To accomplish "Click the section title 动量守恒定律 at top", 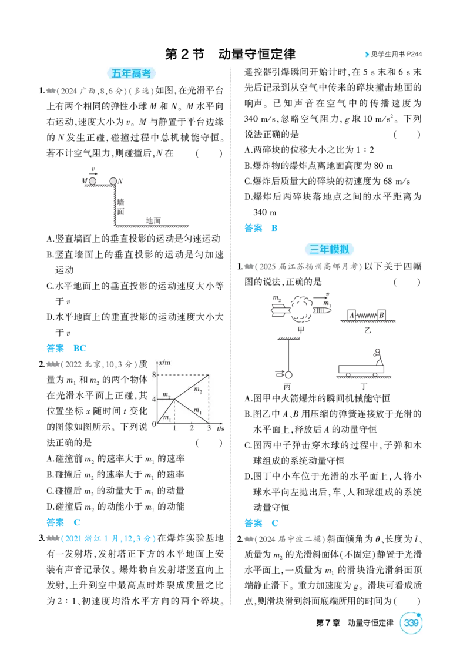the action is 257,54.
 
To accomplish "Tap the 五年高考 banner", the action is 131,73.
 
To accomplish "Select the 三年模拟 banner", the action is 329,249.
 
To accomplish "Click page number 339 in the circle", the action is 411,622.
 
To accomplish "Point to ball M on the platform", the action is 93,181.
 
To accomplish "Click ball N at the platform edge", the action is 113,181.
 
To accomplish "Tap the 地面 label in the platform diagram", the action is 153,220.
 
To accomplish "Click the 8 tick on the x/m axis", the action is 154,374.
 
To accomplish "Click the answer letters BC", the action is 79,348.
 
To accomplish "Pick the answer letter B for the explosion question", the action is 274,228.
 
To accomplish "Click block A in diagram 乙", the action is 352,315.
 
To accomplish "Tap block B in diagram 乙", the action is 381,315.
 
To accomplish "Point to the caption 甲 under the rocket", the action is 300,330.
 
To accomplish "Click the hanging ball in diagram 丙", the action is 288,374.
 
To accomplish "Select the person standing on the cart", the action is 378,357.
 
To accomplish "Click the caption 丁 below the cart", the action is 364,386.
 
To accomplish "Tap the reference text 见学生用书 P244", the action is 396,54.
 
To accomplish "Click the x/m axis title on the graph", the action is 164,363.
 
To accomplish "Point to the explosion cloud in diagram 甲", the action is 300,309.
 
